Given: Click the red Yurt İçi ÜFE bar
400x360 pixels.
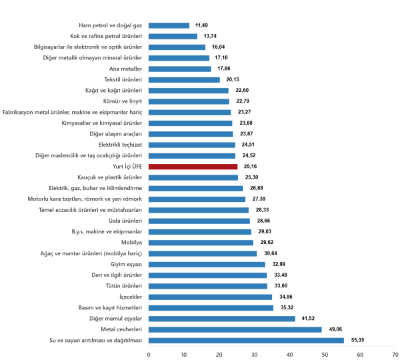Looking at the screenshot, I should tap(193, 167).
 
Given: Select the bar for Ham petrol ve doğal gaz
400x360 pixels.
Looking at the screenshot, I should tap(169, 25).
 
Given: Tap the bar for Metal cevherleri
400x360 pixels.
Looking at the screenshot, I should tap(235, 329).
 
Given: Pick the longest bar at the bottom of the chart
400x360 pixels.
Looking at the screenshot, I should tap(246, 340).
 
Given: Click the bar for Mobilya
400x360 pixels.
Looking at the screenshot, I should tap(201, 243).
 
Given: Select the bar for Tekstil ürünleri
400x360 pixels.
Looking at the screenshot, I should tap(184, 80).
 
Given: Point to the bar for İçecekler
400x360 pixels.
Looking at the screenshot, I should tap(210, 297).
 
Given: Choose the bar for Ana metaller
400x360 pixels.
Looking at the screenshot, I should tap(179, 69).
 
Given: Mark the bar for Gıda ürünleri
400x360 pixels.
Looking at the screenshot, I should tap(199, 221).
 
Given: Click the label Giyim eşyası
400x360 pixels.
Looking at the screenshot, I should tap(128, 264).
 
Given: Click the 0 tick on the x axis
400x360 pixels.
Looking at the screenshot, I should tap(149, 353).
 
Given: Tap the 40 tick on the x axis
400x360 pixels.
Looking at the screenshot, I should tap(289, 353).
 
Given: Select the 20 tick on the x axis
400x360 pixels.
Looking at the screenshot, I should tap(219, 353).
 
